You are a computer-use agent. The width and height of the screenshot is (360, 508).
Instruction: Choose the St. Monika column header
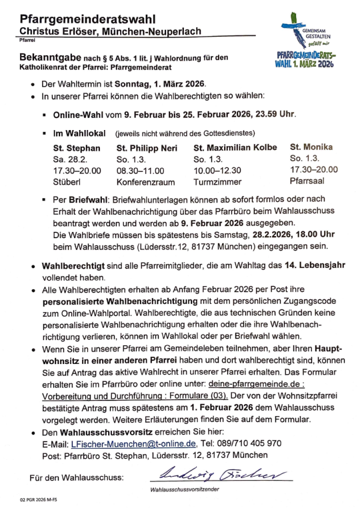(311, 147)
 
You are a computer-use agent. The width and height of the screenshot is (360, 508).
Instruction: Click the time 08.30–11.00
(141, 171)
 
